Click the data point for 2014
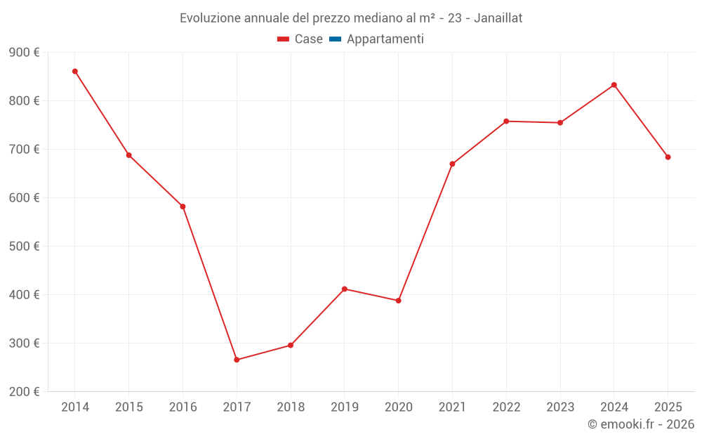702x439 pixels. point(75,71)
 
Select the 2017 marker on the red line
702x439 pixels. point(237,360)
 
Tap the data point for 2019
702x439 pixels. point(345,289)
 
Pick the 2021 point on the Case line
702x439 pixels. point(452,164)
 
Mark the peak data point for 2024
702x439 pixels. point(614,85)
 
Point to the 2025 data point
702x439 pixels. point(668,157)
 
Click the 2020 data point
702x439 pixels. point(399,301)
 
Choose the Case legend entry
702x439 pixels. point(300,39)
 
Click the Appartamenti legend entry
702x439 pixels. point(377,39)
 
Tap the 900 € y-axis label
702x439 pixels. point(25,53)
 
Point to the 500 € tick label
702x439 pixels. point(25,247)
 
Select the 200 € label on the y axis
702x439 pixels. point(25,392)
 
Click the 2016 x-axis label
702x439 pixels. point(183,407)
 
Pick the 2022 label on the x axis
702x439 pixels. point(506,407)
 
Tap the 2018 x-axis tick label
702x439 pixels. point(291,407)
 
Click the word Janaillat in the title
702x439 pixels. point(498,18)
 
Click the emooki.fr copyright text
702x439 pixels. point(641,424)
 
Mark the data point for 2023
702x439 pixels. point(560,123)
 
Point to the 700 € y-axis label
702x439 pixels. point(25,150)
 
